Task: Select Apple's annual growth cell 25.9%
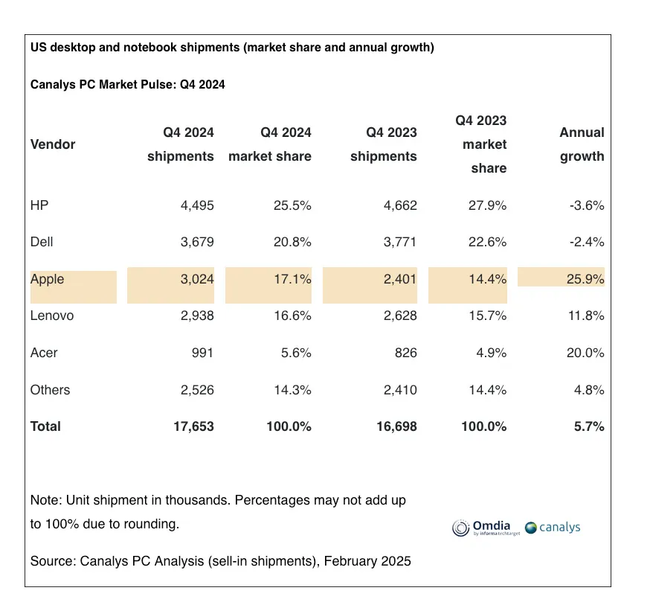click(585, 279)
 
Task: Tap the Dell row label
click(42, 242)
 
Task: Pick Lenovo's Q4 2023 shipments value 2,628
click(399, 316)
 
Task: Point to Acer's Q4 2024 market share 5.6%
click(294, 353)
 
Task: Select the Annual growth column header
click(582, 144)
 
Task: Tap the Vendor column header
click(53, 144)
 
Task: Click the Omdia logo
click(484, 528)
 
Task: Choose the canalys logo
click(553, 528)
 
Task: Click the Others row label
click(50, 390)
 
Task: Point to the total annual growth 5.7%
click(589, 426)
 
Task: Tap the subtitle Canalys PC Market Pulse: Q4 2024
click(127, 85)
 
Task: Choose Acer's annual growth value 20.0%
click(585, 353)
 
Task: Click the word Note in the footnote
click(43, 500)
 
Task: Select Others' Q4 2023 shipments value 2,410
click(399, 390)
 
